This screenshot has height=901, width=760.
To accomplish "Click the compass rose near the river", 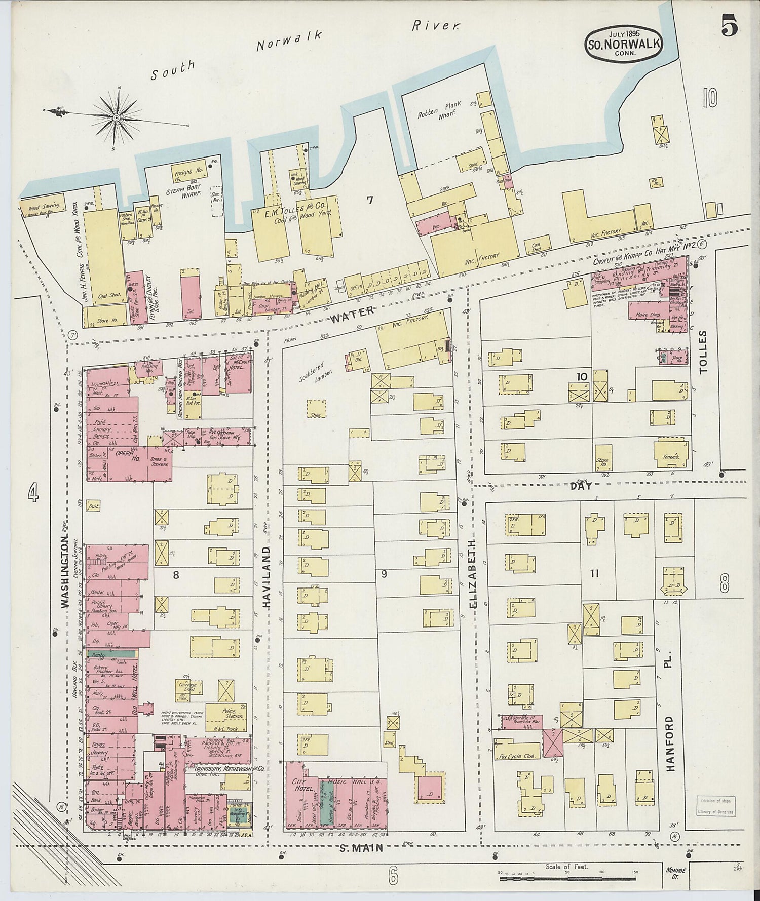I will coord(117,117).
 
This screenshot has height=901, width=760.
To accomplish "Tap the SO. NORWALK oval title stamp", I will coord(624,43).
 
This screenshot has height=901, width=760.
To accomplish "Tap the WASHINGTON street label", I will coord(65,572).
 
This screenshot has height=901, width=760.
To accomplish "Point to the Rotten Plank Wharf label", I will coord(439,110).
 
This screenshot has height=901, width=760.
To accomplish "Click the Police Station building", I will coord(232,713).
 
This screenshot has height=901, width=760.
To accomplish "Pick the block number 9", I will coord(384,574).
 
